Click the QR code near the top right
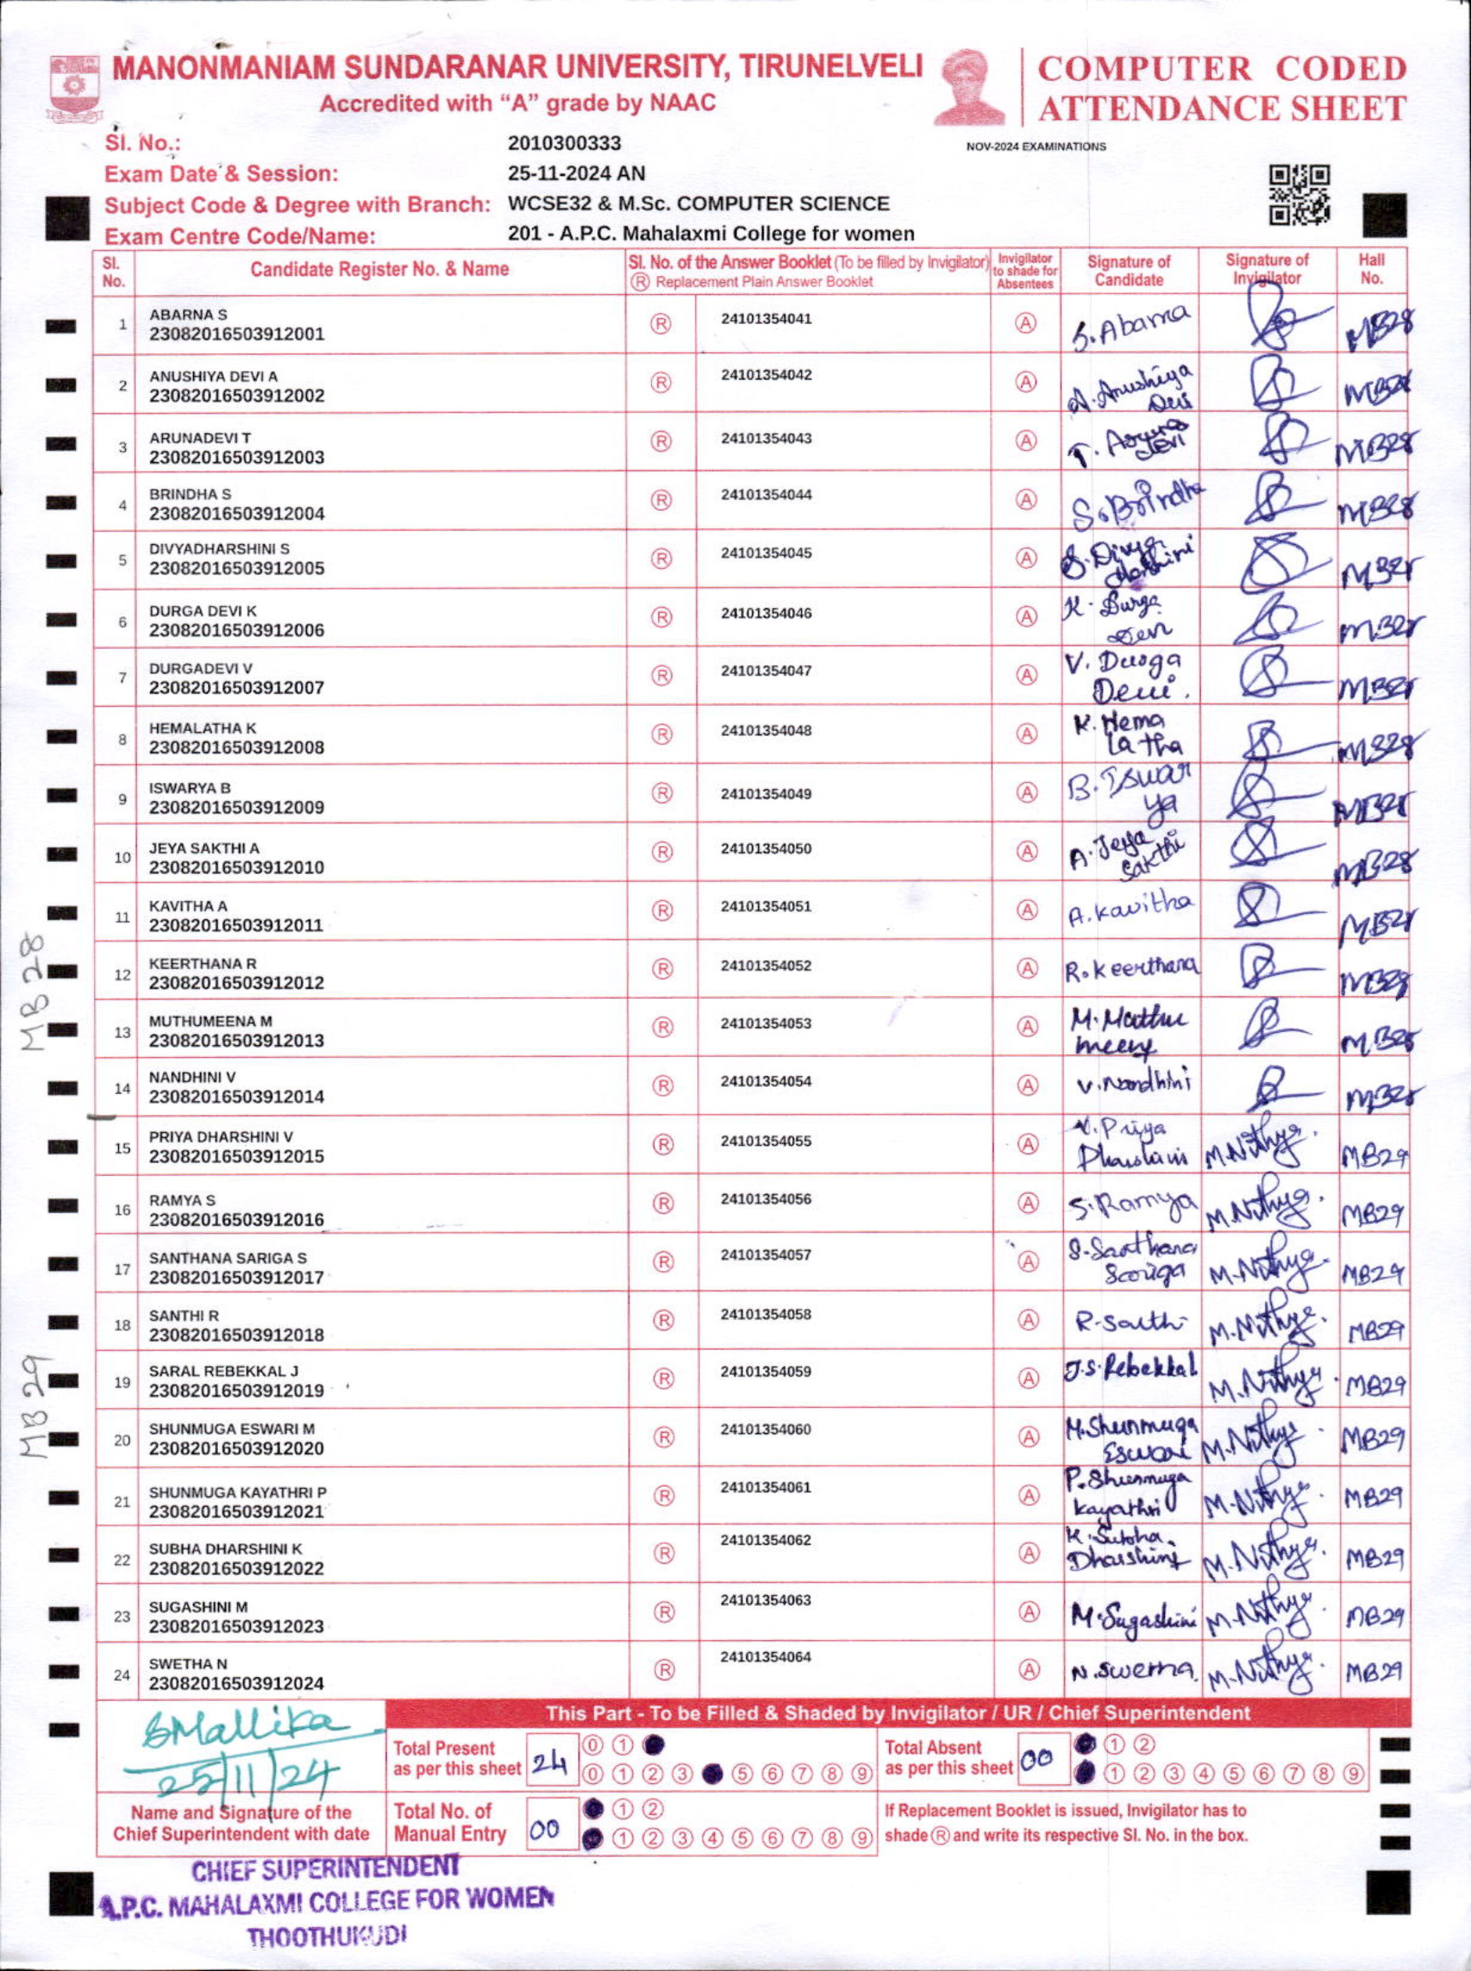[x=1299, y=194]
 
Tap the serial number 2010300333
[x=564, y=144]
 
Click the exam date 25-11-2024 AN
[x=576, y=173]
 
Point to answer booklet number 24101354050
[x=766, y=849]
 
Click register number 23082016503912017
[x=236, y=1277]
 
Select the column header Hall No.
[x=1371, y=269]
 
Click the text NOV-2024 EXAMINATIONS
[x=1036, y=147]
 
